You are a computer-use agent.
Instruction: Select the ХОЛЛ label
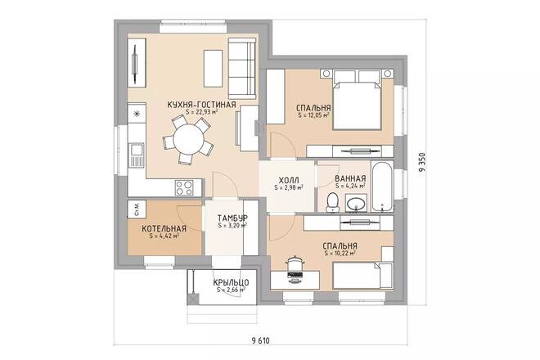click(289, 179)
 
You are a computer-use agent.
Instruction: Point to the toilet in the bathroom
click(331, 201)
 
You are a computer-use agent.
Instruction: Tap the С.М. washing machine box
click(135, 209)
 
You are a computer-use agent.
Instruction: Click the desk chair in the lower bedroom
click(295, 261)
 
